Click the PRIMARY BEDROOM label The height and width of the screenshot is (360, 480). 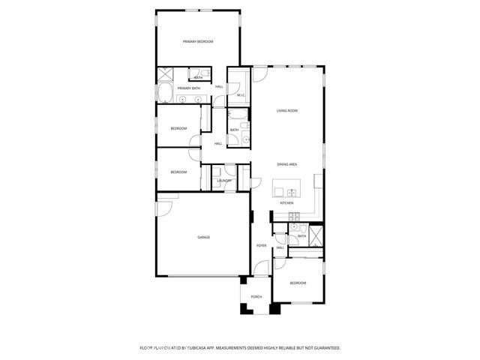click(x=199, y=41)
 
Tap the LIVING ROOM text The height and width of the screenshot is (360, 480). click(x=287, y=110)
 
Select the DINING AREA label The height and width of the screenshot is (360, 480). click(x=287, y=163)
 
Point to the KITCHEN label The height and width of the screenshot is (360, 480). click(x=286, y=202)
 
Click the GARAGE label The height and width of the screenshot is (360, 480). click(x=203, y=237)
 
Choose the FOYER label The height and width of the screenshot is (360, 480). click(x=262, y=245)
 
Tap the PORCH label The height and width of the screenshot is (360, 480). click(x=256, y=297)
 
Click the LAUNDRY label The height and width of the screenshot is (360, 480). click(x=224, y=181)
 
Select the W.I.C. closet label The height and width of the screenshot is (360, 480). click(x=241, y=95)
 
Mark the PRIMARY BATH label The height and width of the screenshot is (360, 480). click(x=189, y=88)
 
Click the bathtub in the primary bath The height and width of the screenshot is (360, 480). click(x=164, y=93)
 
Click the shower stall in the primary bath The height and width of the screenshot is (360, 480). click(x=165, y=74)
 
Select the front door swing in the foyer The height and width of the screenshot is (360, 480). click(x=260, y=268)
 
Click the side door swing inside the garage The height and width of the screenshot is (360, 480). click(x=167, y=196)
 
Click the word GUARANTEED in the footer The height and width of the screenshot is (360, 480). click(x=324, y=348)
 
